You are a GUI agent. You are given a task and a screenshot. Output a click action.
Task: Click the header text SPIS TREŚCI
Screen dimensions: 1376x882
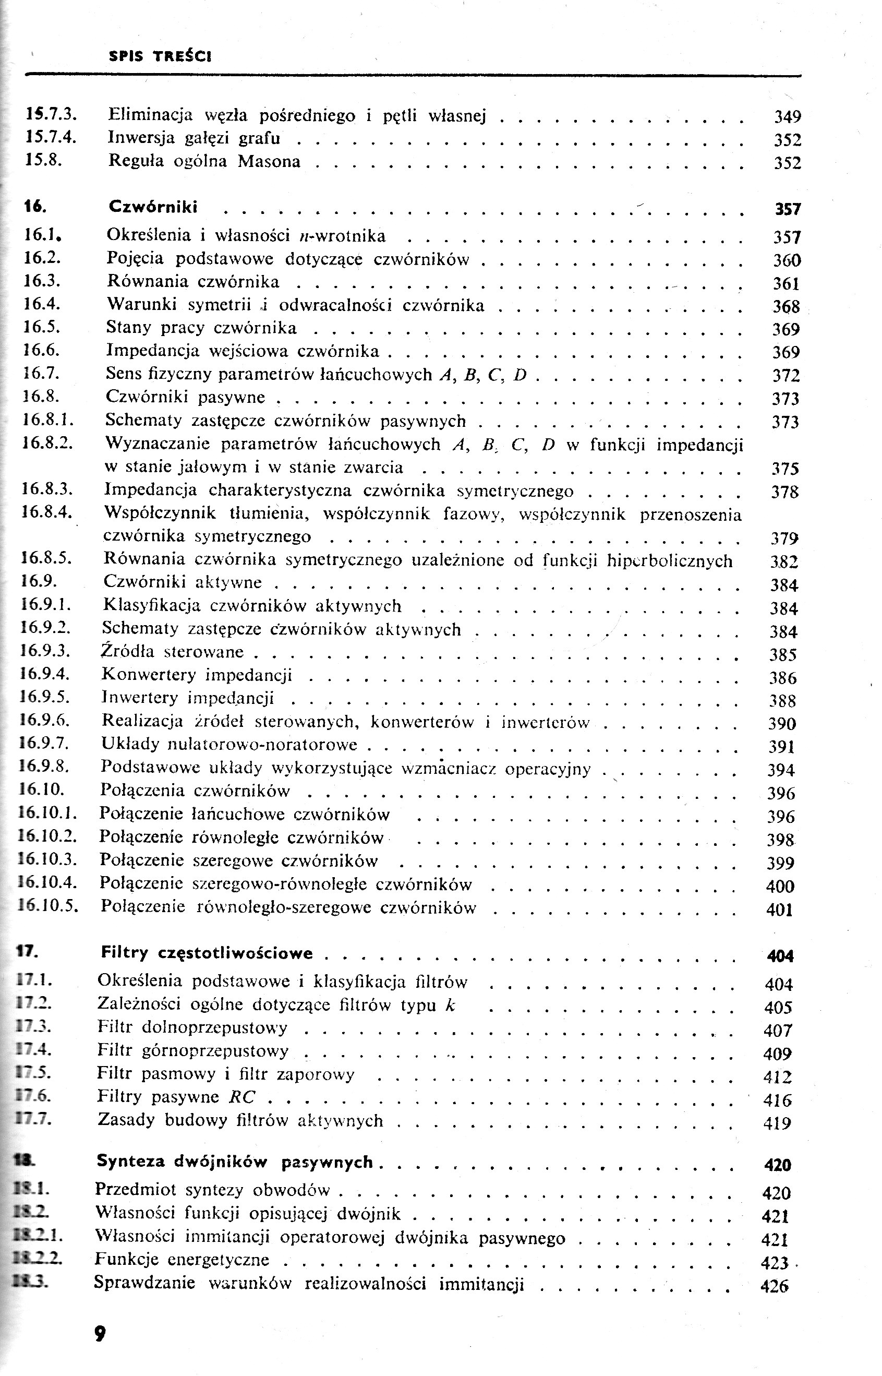[x=160, y=57]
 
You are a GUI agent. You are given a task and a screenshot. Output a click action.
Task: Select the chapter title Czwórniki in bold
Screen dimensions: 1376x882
[x=153, y=207]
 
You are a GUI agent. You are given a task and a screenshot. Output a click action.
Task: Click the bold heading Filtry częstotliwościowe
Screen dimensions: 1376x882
[x=207, y=953]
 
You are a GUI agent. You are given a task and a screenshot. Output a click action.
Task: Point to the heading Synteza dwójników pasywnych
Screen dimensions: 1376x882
[x=235, y=1161]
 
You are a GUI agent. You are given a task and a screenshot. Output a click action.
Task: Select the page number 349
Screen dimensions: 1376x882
[x=788, y=117]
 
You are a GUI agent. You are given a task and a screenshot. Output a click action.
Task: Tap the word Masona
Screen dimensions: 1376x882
[x=269, y=162]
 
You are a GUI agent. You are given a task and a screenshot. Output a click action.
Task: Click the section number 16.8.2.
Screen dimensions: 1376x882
[x=47, y=443]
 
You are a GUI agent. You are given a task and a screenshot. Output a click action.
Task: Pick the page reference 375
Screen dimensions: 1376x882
[x=784, y=469]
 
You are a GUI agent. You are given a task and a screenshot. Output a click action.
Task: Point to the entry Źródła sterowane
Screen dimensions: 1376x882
[x=173, y=652]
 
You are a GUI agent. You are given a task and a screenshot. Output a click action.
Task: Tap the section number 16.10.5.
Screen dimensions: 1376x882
[x=48, y=906]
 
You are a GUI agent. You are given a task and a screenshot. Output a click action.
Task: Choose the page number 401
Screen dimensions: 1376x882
[x=779, y=910]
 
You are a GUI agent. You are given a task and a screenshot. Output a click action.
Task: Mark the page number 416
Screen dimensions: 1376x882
[x=777, y=1100]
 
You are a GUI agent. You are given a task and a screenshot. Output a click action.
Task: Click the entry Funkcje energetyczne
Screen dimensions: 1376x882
[x=182, y=1259]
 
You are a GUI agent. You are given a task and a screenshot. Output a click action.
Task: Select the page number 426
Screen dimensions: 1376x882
[x=775, y=1286]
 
